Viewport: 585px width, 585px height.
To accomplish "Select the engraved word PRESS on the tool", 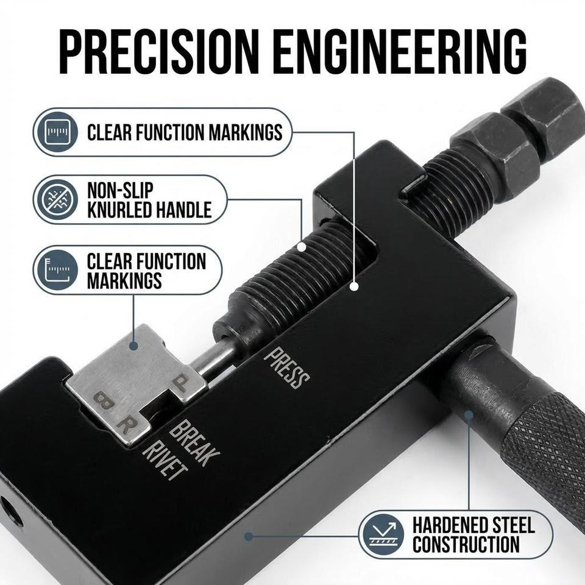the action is (x=286, y=368).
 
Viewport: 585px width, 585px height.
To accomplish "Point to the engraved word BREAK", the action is (x=194, y=442).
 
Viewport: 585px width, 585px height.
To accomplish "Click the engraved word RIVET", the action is (x=164, y=461).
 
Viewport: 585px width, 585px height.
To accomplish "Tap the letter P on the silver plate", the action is (x=182, y=383).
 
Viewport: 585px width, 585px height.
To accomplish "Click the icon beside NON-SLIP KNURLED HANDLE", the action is (x=56, y=199).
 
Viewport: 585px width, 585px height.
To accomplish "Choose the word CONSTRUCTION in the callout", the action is (x=466, y=544).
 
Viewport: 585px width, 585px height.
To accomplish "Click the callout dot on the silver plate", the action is (x=134, y=346).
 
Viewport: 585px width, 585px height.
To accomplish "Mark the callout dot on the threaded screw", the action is (x=302, y=247).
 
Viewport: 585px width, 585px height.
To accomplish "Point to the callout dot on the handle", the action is (x=469, y=414).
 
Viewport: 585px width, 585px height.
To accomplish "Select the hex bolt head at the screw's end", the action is (x=545, y=112).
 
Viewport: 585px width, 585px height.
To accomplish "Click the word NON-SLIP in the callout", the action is (x=120, y=190).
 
